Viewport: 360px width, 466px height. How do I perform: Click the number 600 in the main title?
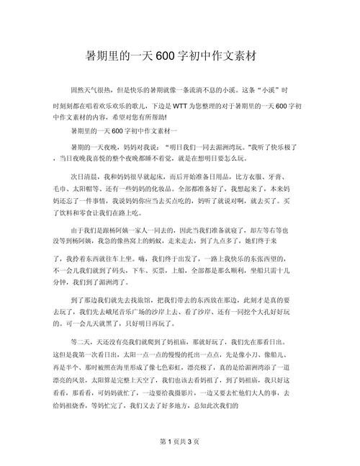[x=167, y=55]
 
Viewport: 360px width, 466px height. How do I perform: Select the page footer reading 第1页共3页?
[x=179, y=441]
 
